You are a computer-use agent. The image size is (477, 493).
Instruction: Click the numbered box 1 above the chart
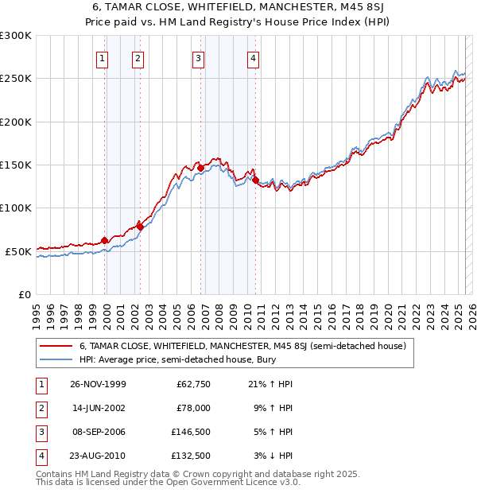[x=103, y=58]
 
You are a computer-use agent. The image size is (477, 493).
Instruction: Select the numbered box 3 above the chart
[x=198, y=58]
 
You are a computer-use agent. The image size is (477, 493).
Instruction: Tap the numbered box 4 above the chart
[x=253, y=58]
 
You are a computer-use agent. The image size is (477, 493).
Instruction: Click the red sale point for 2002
[x=140, y=227]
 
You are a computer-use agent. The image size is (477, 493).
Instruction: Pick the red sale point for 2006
[x=200, y=168]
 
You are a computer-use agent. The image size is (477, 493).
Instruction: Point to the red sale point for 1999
[x=104, y=240]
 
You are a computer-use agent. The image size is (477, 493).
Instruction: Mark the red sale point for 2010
[x=255, y=180]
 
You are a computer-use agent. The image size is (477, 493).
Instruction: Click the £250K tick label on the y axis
[x=16, y=79]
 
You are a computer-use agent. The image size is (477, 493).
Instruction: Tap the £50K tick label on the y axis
[x=19, y=251]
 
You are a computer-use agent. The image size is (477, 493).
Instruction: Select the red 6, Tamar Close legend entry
[x=242, y=346]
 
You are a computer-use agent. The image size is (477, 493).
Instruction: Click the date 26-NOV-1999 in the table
[x=98, y=384]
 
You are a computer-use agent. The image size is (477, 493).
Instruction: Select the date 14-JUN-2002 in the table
[x=98, y=408]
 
